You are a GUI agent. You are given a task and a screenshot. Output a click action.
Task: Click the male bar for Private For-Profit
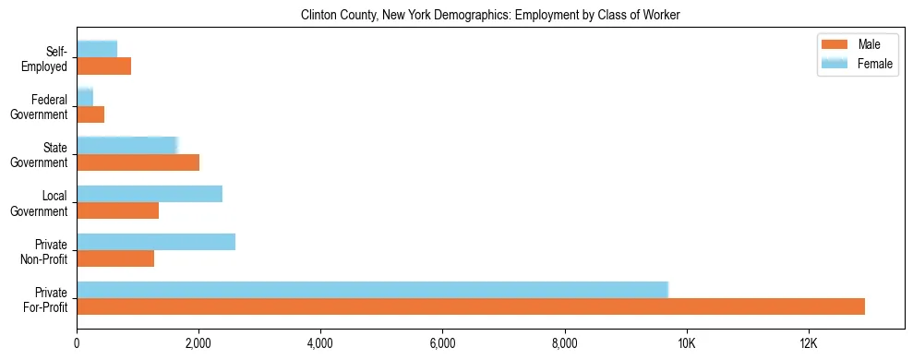coord(471,306)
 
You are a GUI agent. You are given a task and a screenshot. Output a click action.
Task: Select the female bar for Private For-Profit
coord(372,290)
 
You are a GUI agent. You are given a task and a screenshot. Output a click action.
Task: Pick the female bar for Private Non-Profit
coord(156,242)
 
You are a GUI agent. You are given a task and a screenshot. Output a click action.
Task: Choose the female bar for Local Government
coord(150,194)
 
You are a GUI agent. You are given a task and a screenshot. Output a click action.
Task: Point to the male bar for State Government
coord(138,162)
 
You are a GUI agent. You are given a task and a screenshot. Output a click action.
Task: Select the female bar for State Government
coord(126,146)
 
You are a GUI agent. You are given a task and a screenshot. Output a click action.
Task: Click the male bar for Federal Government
coord(90,114)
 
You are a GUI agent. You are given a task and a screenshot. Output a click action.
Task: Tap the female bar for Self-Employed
coord(97,49)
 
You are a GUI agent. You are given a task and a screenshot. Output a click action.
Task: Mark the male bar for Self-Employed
coord(104,66)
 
